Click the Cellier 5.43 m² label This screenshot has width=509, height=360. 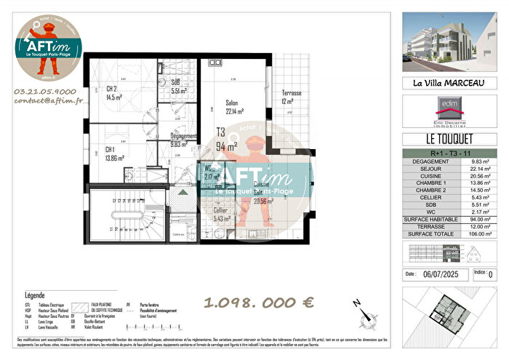click(222, 214)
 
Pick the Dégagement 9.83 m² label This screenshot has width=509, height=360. click(183, 140)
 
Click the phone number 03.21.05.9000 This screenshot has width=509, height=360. click(44, 92)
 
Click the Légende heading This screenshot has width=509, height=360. click(35, 295)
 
